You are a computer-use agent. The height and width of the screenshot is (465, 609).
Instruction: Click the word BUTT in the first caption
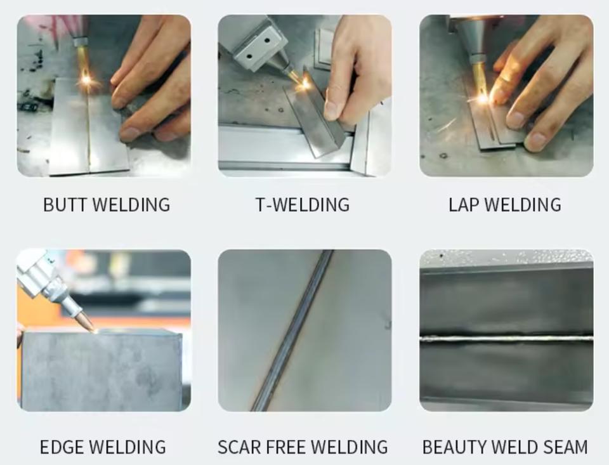(x=66, y=205)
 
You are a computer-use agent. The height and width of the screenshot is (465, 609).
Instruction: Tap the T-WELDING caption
(x=303, y=205)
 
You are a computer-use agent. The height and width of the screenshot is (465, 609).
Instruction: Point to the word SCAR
(x=241, y=447)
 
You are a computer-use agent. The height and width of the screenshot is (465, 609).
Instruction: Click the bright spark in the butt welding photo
(x=86, y=81)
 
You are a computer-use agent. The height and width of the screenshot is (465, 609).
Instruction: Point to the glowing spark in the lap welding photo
(x=482, y=99)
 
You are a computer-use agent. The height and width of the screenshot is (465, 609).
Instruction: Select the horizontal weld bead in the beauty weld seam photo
(x=506, y=339)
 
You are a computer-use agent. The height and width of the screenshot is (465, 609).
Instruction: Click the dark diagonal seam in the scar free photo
(x=292, y=331)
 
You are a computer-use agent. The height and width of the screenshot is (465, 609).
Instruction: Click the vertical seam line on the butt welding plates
(x=89, y=128)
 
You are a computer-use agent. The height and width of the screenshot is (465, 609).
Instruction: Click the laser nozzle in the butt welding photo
(x=81, y=41)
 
